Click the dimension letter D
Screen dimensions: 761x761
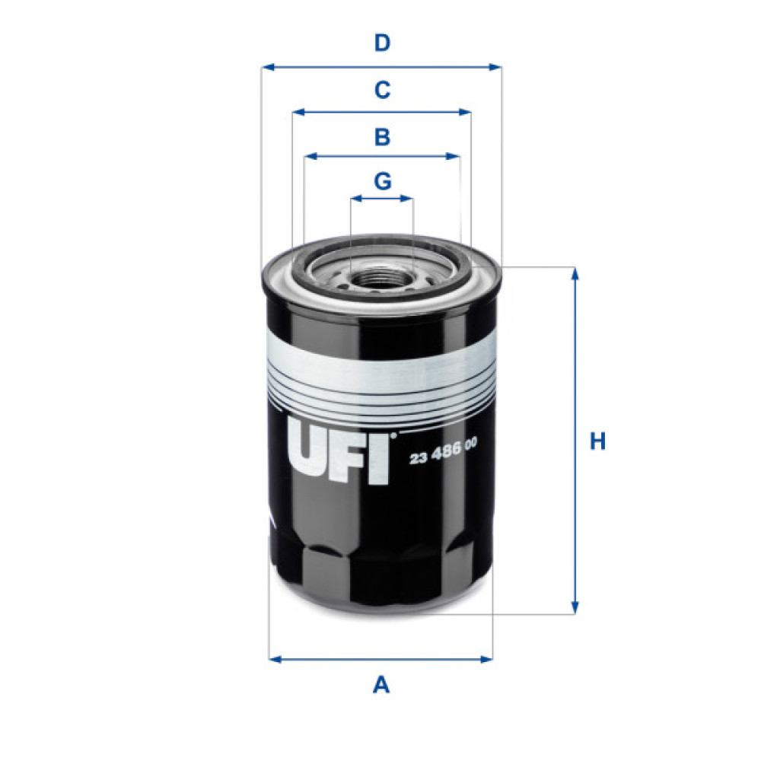(x=382, y=43)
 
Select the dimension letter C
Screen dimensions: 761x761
(x=382, y=90)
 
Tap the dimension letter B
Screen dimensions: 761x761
(x=382, y=137)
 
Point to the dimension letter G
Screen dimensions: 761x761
(x=382, y=181)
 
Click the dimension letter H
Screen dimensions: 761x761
(x=598, y=441)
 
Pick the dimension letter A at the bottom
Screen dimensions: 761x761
(x=381, y=685)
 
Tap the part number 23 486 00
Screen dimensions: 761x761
(x=443, y=458)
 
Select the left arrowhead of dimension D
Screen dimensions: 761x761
(x=266, y=67)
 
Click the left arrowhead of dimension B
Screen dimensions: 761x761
(x=309, y=157)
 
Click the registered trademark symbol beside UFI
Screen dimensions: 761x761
(x=393, y=437)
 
